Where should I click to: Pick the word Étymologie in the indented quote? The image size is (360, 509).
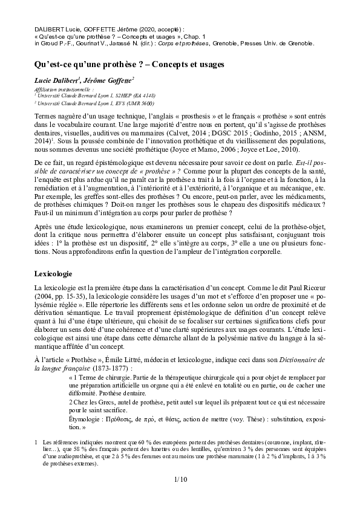click(87, 418)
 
